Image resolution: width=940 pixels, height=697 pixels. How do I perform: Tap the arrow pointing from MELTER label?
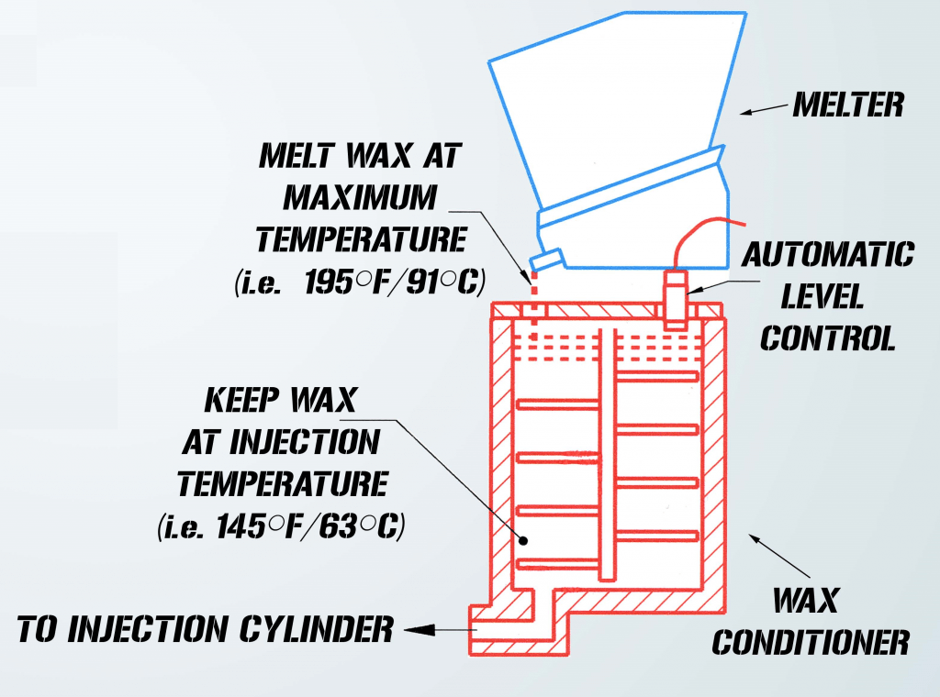762,111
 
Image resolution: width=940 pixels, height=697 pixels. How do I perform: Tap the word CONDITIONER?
811,642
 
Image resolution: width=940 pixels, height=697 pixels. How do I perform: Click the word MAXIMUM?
360,197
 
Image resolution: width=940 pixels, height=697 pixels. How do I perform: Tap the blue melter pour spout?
548,260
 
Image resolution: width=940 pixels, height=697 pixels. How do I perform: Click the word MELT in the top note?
286,155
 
